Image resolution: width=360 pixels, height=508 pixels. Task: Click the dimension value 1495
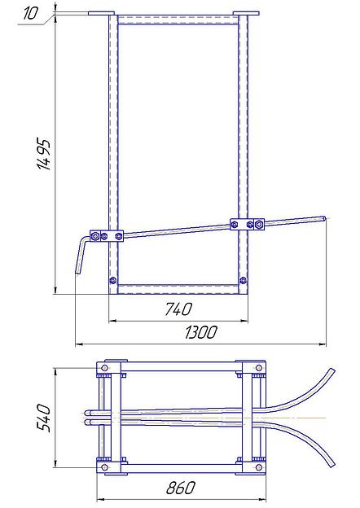click(44, 155)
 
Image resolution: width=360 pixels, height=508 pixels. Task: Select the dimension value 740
click(178, 309)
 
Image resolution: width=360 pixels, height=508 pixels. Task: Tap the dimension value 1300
click(201, 332)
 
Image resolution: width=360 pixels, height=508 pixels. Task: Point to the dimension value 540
click(43, 418)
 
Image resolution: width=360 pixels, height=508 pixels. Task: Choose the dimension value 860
click(181, 488)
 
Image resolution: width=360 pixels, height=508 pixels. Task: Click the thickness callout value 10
click(31, 13)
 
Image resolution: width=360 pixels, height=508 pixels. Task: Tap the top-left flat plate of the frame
click(101, 13)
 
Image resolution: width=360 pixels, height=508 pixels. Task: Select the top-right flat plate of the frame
click(246, 13)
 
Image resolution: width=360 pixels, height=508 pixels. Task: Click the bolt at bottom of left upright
click(112, 280)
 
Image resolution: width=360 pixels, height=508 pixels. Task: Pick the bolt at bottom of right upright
click(243, 280)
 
